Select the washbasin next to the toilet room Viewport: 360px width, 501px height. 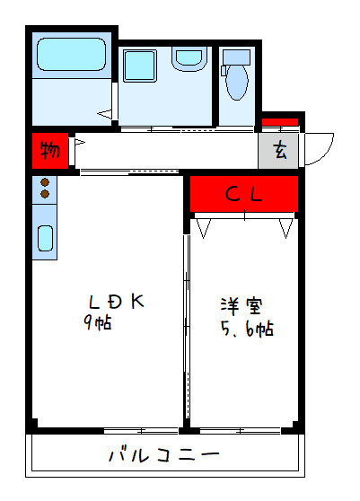tap(189, 59)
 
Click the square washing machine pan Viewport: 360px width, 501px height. tap(140, 66)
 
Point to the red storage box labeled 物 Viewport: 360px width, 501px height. tap(49, 150)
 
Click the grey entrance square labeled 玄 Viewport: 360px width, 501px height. tap(280, 151)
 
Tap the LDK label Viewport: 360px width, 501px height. tap(116, 301)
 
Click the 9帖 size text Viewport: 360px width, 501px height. tap(98, 323)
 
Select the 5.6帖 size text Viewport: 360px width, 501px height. tap(247, 329)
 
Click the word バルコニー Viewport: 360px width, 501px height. tap(164, 454)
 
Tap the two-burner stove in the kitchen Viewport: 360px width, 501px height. tap(45, 189)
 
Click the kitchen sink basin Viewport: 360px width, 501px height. tap(45, 239)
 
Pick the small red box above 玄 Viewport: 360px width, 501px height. tap(280, 121)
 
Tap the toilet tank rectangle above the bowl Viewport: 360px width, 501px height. tap(236, 56)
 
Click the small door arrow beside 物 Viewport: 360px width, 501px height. tap(79, 142)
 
